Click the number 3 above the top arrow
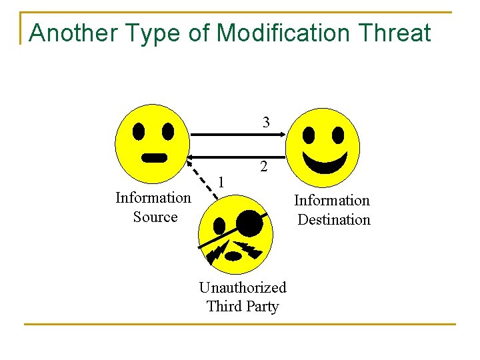(266, 122)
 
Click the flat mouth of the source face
(155, 158)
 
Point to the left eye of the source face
(139, 131)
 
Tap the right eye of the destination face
(338, 135)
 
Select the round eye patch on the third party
(250, 223)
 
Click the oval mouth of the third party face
(234, 256)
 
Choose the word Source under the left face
(155, 217)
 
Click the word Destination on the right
(333, 220)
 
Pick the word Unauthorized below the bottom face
(243, 287)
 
